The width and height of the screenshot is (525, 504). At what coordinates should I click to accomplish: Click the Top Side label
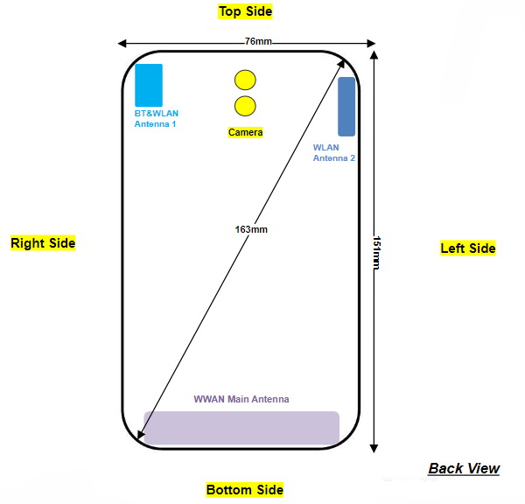pyautogui.click(x=245, y=11)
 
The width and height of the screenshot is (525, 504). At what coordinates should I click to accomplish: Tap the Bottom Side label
pyautogui.click(x=245, y=489)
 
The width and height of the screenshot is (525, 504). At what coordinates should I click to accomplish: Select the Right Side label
pyautogui.click(x=43, y=242)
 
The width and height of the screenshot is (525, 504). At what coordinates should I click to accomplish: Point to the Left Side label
pyautogui.click(x=467, y=248)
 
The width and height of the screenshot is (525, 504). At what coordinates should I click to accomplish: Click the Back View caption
pyautogui.click(x=464, y=468)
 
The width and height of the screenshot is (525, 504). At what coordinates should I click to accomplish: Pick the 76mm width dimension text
pyautogui.click(x=258, y=41)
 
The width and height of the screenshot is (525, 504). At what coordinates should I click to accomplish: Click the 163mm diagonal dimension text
pyautogui.click(x=251, y=229)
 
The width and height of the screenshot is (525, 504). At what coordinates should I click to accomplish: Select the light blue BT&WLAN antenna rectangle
pyautogui.click(x=148, y=85)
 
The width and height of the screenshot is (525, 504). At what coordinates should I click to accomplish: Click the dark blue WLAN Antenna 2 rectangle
pyautogui.click(x=346, y=106)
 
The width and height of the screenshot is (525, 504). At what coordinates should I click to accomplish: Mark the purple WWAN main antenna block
pyautogui.click(x=241, y=427)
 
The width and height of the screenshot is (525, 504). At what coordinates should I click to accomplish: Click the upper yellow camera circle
pyautogui.click(x=245, y=80)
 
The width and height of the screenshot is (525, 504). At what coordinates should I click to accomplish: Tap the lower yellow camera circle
pyautogui.click(x=245, y=107)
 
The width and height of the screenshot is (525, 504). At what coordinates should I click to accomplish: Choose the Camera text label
pyautogui.click(x=245, y=132)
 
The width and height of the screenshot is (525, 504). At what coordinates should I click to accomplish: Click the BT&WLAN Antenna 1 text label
pyautogui.click(x=156, y=119)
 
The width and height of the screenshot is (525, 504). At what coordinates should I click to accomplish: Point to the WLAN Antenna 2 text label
pyautogui.click(x=334, y=152)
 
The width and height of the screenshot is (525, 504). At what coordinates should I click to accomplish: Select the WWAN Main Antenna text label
pyautogui.click(x=241, y=399)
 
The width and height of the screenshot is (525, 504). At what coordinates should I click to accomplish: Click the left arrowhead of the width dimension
pyautogui.click(x=122, y=42)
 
